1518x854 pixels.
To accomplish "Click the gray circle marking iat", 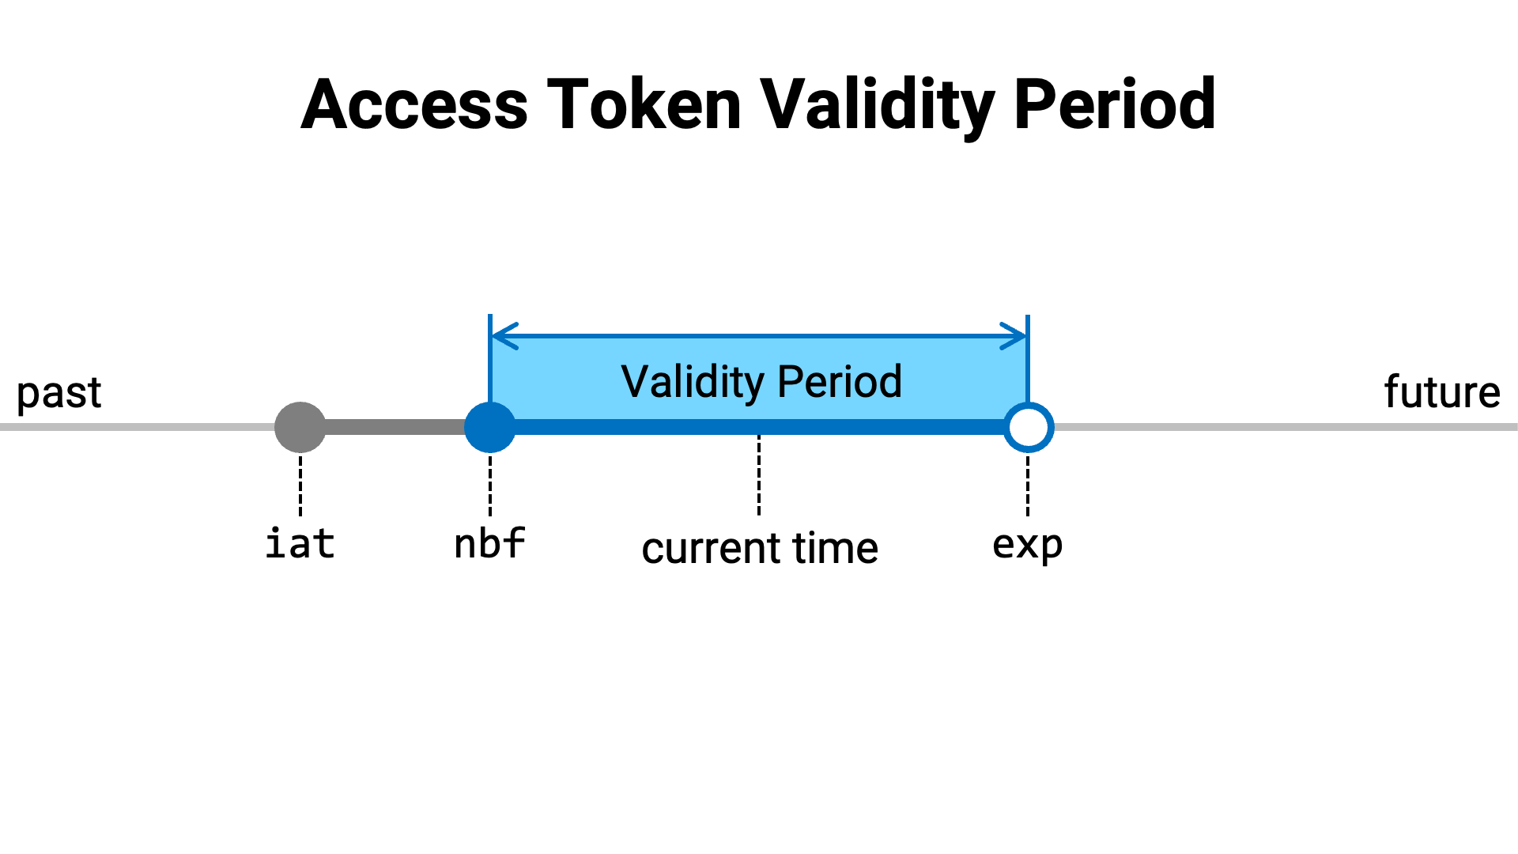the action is [x=300, y=427].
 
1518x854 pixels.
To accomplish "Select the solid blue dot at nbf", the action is [x=490, y=427].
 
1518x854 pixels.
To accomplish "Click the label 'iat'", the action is [x=300, y=543].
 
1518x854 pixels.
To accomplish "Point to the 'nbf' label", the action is [x=490, y=543].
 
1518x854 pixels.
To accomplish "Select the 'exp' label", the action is [x=1028, y=546].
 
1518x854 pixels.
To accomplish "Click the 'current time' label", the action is [x=760, y=548].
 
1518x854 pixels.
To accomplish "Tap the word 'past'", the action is [x=59, y=393].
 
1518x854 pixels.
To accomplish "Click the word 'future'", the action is [x=1442, y=391].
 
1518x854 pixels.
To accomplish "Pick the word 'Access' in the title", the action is [x=414, y=104].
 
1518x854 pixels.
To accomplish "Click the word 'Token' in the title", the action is [x=644, y=104].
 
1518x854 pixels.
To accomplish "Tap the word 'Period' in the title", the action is [x=1115, y=104].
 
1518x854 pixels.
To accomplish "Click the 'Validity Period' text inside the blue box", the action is [x=761, y=382].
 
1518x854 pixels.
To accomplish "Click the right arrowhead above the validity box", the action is [x=1014, y=336].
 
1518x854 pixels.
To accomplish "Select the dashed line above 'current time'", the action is [x=759, y=474].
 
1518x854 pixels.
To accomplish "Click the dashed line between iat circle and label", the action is [x=300, y=486].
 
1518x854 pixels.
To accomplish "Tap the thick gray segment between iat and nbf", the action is [x=395, y=427].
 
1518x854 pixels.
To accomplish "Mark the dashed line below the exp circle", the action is [x=1028, y=486].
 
